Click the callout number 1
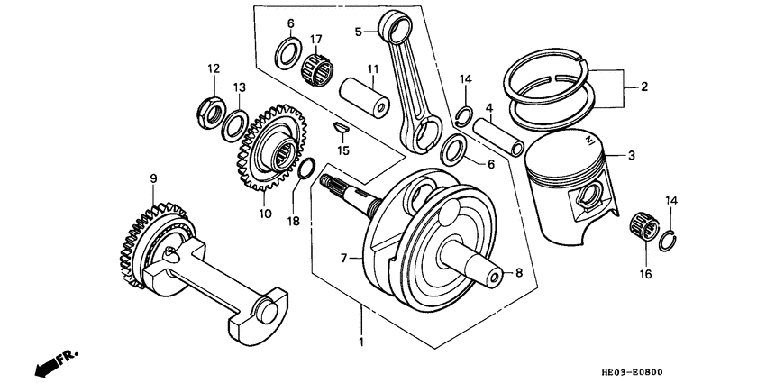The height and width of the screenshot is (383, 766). pos(361,342)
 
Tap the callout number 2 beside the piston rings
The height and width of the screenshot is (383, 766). pos(644,87)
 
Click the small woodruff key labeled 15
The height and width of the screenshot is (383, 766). pos(340,128)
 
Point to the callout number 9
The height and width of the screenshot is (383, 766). pos(153,178)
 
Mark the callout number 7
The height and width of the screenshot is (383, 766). pos(343,259)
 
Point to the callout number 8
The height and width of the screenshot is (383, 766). pos(518,271)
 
